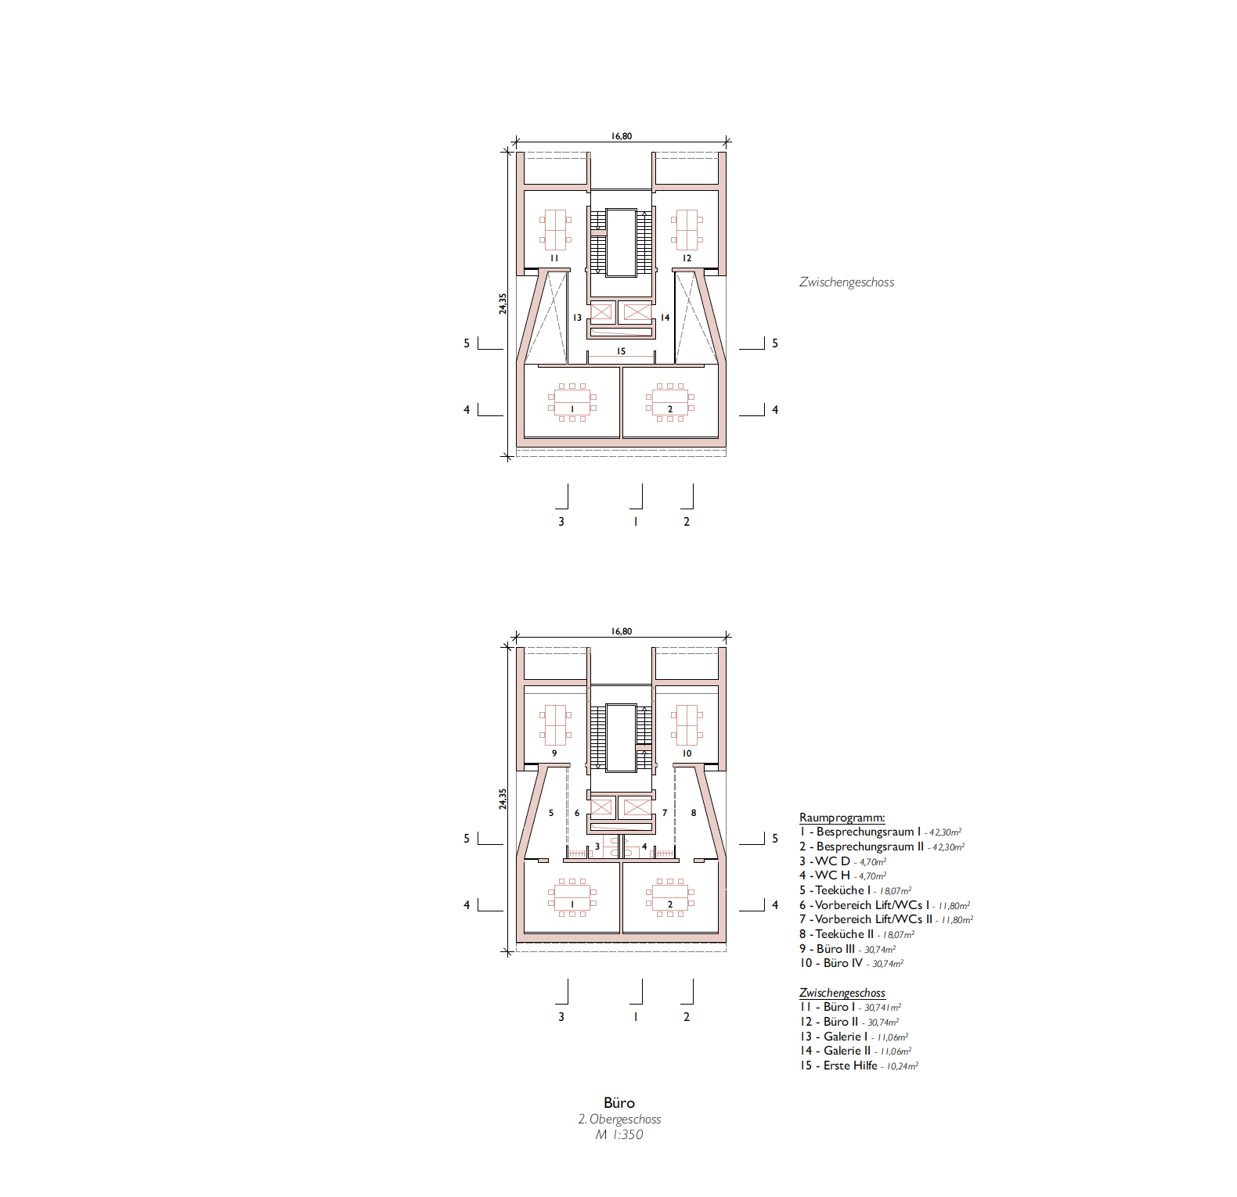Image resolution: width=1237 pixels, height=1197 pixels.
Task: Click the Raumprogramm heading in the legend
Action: click(x=842, y=818)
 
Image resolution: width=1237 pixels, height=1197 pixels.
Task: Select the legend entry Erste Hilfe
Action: click(x=859, y=1066)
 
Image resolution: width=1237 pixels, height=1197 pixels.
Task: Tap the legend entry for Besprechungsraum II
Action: click(x=882, y=847)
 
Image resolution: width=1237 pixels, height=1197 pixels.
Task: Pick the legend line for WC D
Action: click(x=842, y=861)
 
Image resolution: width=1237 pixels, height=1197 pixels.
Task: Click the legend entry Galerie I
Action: click(x=854, y=1037)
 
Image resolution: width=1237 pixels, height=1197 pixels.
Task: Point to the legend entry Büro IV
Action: click(x=852, y=963)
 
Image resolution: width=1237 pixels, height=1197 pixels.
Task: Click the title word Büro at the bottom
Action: click(x=619, y=1103)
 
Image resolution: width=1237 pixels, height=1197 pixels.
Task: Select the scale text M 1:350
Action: click(x=619, y=1135)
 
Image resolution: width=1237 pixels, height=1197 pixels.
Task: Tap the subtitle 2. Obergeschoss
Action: click(x=619, y=1120)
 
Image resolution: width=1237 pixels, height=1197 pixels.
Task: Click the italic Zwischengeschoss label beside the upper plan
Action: click(x=846, y=282)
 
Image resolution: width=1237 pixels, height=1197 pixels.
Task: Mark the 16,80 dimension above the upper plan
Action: click(x=622, y=136)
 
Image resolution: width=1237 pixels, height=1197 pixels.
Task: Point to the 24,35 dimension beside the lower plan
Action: click(x=503, y=799)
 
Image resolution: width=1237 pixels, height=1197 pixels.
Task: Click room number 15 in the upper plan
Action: click(x=621, y=351)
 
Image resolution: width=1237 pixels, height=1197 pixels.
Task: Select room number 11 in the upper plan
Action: click(x=554, y=258)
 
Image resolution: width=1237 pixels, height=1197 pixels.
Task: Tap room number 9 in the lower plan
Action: click(x=554, y=753)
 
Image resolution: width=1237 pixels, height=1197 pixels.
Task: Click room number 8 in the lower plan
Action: click(x=693, y=813)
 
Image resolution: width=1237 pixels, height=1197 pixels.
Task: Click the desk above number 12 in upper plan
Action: click(x=687, y=230)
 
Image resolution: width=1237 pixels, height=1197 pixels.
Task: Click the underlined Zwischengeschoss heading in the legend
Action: click(x=842, y=993)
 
